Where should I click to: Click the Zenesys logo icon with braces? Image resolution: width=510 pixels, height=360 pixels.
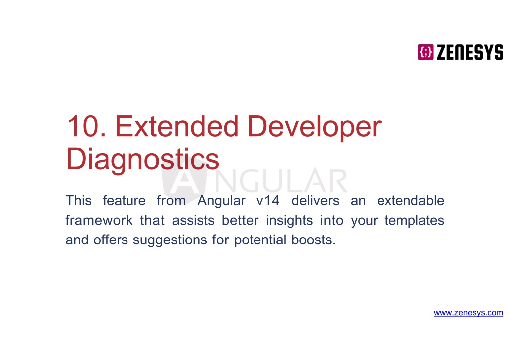425,52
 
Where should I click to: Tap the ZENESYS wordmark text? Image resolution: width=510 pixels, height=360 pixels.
470,52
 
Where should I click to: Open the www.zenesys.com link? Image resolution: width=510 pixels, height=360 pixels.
468,313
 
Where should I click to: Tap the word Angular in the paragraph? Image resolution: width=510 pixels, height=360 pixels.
221,201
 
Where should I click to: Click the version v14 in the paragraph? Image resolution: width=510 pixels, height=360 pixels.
268,200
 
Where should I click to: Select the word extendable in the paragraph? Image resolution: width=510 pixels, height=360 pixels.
410,200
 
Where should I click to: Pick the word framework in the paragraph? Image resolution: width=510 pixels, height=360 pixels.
99,220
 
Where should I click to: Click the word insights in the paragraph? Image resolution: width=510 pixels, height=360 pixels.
289,221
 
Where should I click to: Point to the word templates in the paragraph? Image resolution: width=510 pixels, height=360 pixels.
414,221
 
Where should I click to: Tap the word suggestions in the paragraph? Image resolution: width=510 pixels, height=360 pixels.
170,240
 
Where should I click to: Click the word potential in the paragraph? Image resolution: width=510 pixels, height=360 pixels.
260,240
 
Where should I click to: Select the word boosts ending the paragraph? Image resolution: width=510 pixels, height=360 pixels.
313,240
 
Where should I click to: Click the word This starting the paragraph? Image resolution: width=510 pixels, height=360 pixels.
78,200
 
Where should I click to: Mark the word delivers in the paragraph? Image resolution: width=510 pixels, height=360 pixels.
315,200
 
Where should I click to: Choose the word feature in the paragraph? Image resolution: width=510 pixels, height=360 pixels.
124,200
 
